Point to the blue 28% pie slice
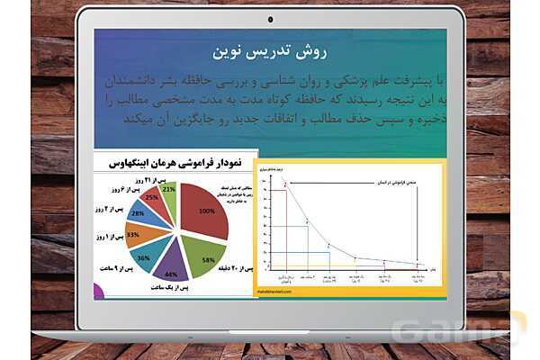138,214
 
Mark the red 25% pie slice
152,198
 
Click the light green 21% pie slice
168,192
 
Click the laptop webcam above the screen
270,19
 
